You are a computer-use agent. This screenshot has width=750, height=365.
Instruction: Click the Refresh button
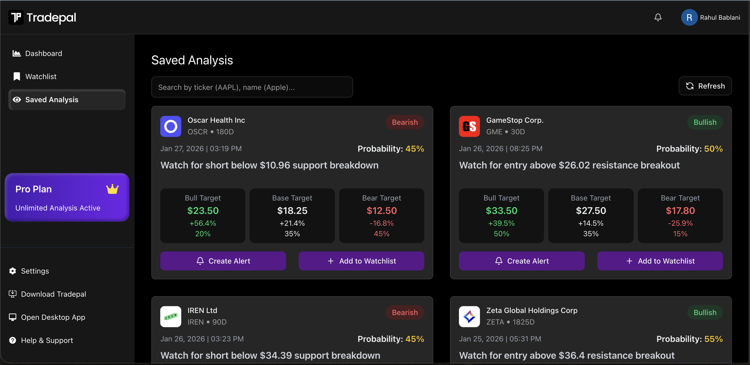(x=705, y=86)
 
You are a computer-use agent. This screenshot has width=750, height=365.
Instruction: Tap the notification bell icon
(x=658, y=18)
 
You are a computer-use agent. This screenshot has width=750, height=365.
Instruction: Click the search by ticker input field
(x=252, y=87)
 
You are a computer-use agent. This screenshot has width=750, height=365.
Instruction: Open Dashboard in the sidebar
(x=43, y=53)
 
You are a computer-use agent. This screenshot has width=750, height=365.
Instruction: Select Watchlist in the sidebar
(x=41, y=77)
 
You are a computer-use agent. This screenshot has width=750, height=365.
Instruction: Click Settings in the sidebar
(x=35, y=271)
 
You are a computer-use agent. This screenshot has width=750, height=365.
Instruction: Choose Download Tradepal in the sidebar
(x=53, y=294)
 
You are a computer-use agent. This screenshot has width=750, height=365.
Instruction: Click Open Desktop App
(x=53, y=317)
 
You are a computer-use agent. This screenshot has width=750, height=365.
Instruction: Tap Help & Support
(x=47, y=340)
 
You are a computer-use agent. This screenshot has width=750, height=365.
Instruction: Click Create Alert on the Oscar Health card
(x=223, y=261)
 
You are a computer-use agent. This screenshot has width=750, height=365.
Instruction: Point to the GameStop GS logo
(x=469, y=126)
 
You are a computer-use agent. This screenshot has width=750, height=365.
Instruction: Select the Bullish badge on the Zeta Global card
(x=705, y=312)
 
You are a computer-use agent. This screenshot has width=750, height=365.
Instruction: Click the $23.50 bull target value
(x=203, y=210)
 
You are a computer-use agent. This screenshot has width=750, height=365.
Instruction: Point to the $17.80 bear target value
(x=680, y=210)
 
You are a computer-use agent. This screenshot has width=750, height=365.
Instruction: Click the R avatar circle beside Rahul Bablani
(x=689, y=18)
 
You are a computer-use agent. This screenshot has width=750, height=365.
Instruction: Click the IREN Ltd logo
(x=170, y=316)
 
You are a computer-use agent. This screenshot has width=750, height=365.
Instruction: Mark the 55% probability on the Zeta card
(x=713, y=339)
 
